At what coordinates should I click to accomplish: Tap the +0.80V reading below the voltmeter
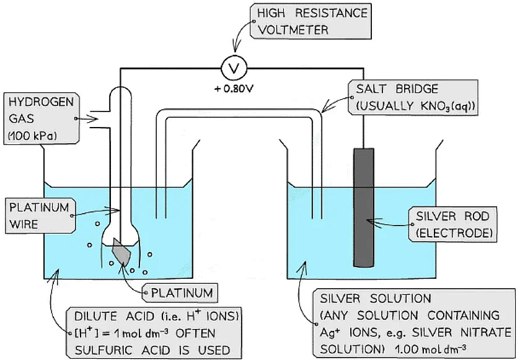coord(234,89)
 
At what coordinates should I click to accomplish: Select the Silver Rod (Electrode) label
coord(452,224)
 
